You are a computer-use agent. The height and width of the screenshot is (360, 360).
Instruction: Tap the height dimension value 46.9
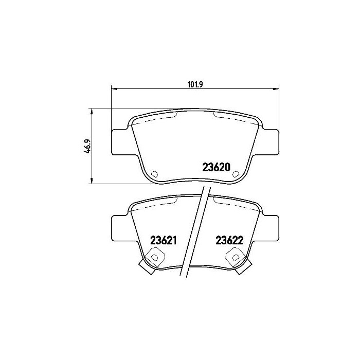coord(88,146)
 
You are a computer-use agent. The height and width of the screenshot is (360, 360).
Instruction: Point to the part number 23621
coord(163,240)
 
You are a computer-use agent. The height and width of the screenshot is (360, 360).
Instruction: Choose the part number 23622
coord(229,240)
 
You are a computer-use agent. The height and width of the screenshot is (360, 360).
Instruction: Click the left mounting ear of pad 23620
coord(121,141)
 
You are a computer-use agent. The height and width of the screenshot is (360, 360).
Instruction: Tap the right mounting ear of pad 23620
coord(270,141)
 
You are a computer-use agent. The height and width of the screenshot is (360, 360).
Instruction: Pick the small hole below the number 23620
coord(235,174)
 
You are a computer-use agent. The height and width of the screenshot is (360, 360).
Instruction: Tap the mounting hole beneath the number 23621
coord(154,256)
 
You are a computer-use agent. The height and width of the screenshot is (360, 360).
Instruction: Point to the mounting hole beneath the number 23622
coord(236,256)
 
